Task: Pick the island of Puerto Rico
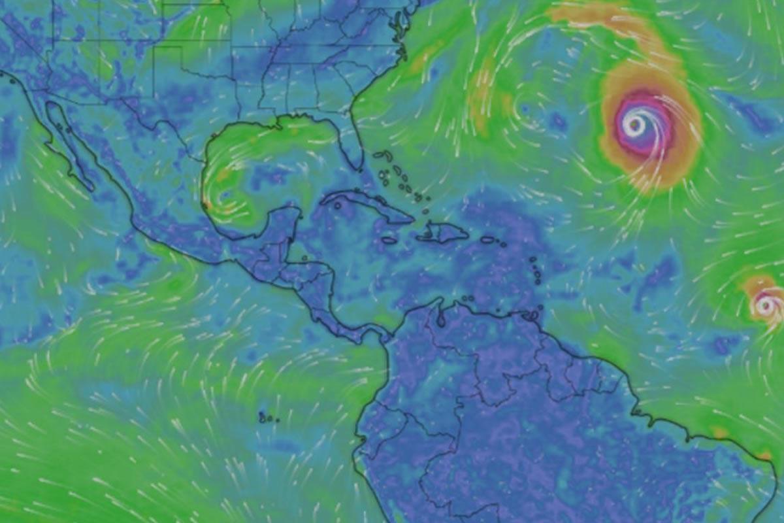click(488, 240)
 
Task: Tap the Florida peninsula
click(353, 137)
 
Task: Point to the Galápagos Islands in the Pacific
click(265, 417)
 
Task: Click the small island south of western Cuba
click(338, 206)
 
